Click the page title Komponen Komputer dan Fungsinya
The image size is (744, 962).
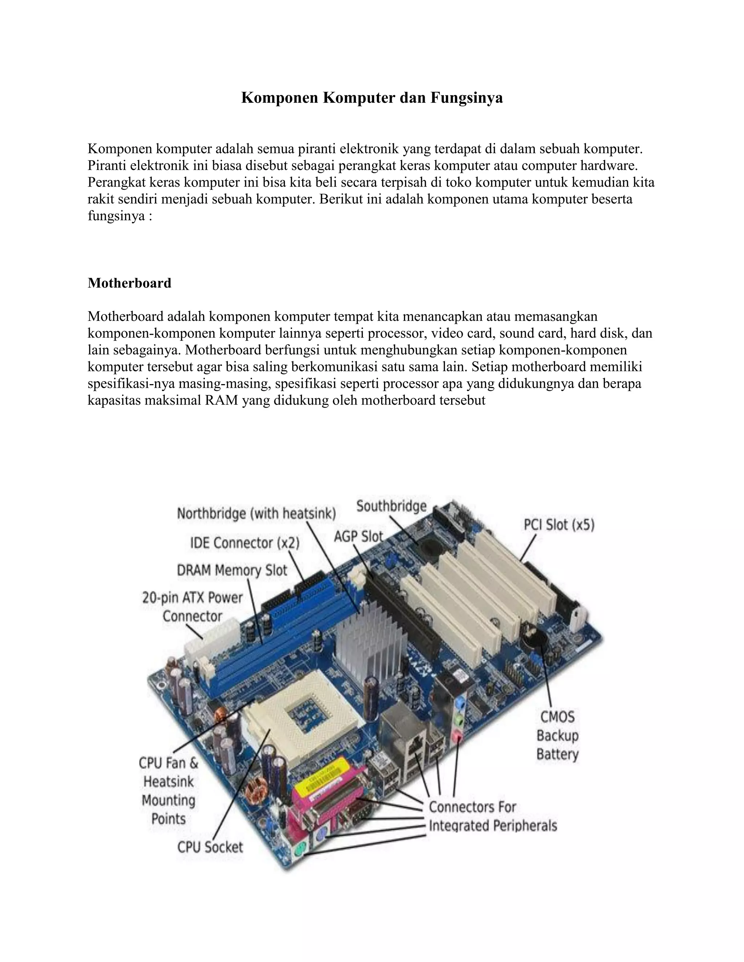(x=372, y=97)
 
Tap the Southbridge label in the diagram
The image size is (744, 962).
(x=391, y=506)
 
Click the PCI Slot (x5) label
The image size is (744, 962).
(x=558, y=525)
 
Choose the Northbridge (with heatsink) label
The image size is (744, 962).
(x=256, y=514)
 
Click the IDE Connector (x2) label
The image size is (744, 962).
(x=244, y=543)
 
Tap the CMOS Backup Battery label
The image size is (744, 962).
(x=557, y=735)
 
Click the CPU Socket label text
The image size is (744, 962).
(x=210, y=847)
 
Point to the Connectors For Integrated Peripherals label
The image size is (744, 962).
(x=492, y=816)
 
